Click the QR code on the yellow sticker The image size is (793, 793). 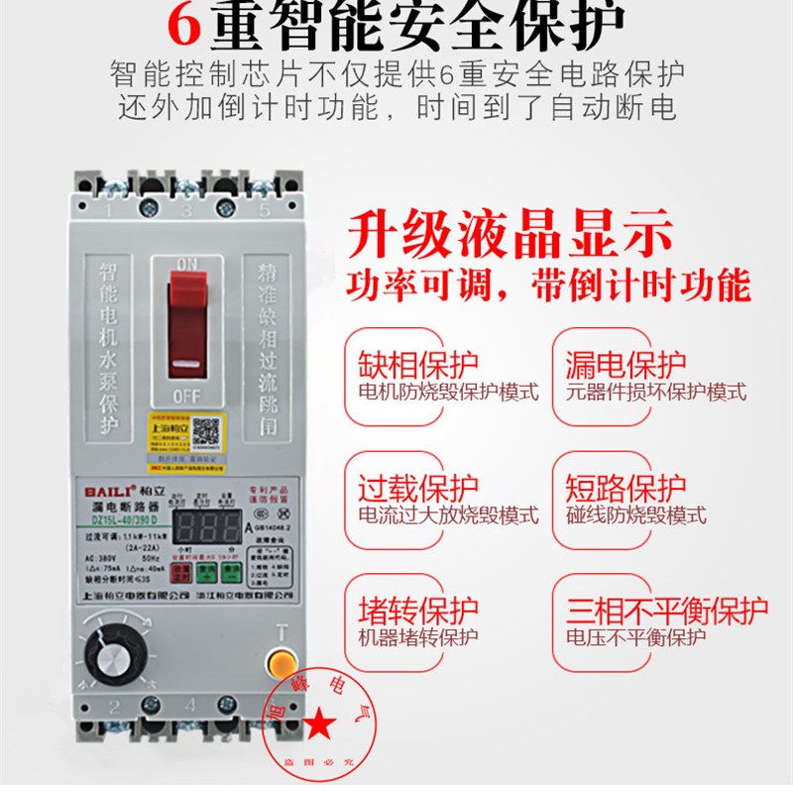(205, 429)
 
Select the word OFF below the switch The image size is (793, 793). (186, 393)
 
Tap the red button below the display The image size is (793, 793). (180, 572)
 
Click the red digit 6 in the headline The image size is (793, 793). (184, 25)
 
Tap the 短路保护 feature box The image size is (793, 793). (650, 500)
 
